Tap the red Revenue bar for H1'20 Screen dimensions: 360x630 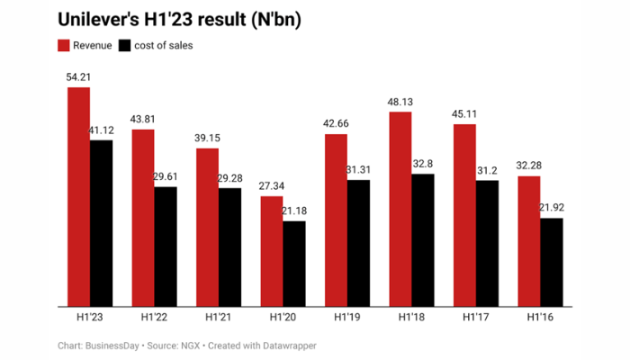[272, 251]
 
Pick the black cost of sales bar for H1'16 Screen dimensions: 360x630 [551, 262]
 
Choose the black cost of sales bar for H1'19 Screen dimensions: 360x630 [358, 243]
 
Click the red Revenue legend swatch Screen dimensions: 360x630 [64, 45]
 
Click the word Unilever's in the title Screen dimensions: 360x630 [100, 19]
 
